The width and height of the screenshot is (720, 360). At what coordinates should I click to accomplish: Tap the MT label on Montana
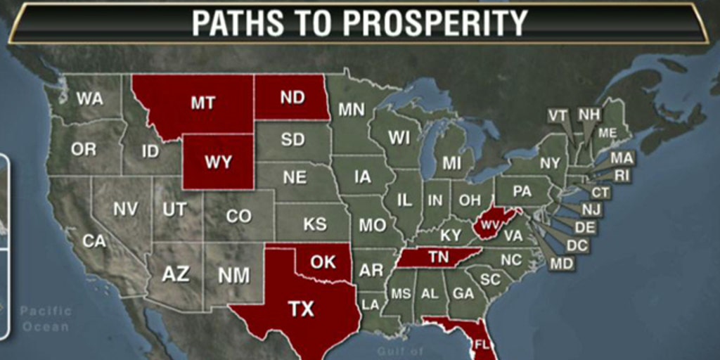tap(202, 103)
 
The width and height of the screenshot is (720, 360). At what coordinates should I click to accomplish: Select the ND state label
tap(292, 98)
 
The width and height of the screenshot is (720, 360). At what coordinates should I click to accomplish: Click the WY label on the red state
tap(218, 161)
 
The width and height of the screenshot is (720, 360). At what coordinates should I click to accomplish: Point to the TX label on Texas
tap(301, 308)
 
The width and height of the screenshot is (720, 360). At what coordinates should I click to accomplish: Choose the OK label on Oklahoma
tap(323, 262)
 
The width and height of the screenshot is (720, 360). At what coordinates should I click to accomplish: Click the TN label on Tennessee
tap(438, 257)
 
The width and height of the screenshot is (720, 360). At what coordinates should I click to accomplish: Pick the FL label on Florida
tap(482, 345)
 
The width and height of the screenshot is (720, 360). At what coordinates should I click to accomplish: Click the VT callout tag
tap(558, 115)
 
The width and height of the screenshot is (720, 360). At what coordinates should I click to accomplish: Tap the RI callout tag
tap(622, 176)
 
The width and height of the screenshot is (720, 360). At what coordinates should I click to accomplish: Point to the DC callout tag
tap(577, 245)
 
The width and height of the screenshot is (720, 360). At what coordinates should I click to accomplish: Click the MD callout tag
tap(560, 264)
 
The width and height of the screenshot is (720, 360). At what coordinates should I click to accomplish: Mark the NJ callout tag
tap(591, 209)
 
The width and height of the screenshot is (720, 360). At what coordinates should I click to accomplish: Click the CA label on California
tap(94, 241)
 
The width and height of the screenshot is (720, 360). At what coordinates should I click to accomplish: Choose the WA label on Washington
tap(89, 99)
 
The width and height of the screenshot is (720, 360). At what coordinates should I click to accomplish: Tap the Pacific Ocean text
tap(45, 319)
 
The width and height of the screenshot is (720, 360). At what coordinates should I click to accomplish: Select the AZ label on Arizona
tap(175, 274)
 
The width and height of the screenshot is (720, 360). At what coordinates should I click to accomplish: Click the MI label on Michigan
tap(451, 163)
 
